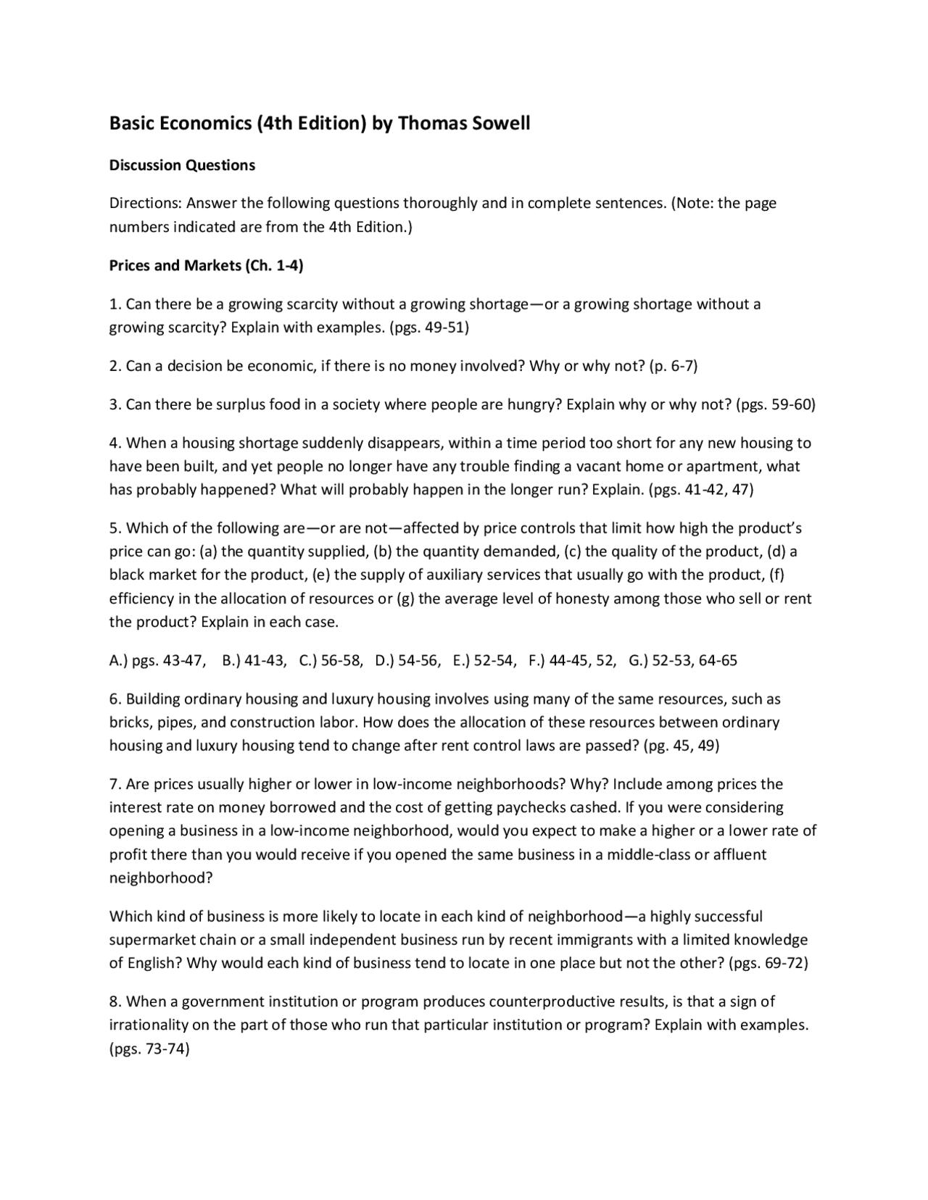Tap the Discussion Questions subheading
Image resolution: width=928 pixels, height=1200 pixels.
click(182, 165)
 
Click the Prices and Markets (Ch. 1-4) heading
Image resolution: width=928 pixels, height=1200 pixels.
click(206, 265)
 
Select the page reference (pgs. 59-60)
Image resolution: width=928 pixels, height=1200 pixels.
click(776, 404)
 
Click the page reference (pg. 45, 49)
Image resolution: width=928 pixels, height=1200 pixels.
click(681, 746)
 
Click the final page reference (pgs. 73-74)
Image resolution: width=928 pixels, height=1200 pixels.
click(149, 1049)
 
